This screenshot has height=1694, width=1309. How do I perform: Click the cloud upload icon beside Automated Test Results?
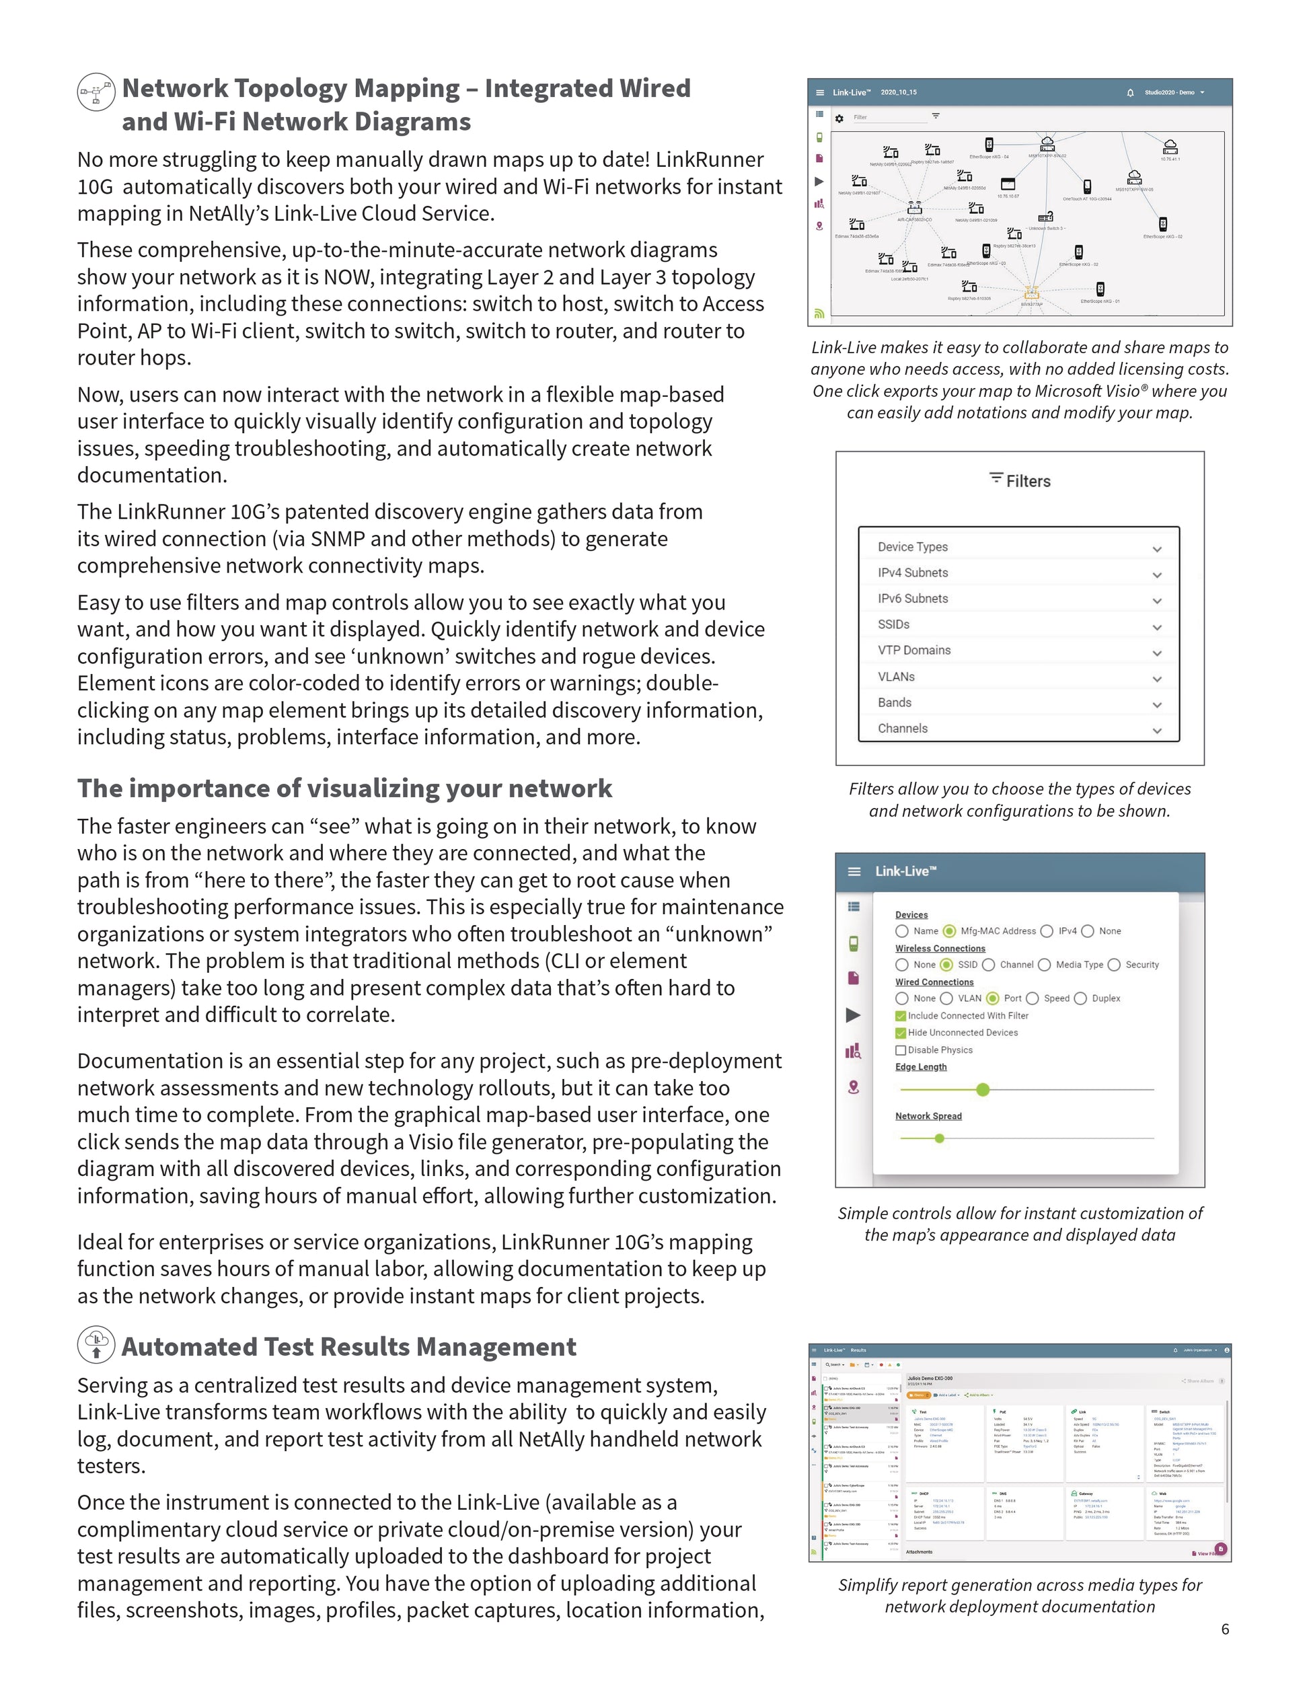tap(97, 1345)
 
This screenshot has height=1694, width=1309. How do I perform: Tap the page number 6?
tap(1225, 1629)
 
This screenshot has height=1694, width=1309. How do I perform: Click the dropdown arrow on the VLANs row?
tap(1157, 679)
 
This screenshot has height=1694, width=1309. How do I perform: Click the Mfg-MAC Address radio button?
tap(949, 931)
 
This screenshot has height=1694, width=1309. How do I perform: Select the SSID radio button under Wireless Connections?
tap(946, 965)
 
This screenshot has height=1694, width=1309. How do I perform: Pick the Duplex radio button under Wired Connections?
tap(1080, 998)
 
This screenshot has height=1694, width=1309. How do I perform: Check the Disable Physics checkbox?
tap(900, 1050)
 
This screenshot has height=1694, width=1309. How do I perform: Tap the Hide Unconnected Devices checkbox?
tap(900, 1033)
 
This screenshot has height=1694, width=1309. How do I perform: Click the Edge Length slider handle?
tap(983, 1090)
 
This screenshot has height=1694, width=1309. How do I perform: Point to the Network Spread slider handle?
tap(940, 1139)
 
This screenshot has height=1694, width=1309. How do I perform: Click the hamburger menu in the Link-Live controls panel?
tap(854, 871)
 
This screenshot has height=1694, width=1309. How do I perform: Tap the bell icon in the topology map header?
tap(1131, 92)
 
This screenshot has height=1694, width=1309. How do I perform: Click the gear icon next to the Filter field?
tap(839, 118)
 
